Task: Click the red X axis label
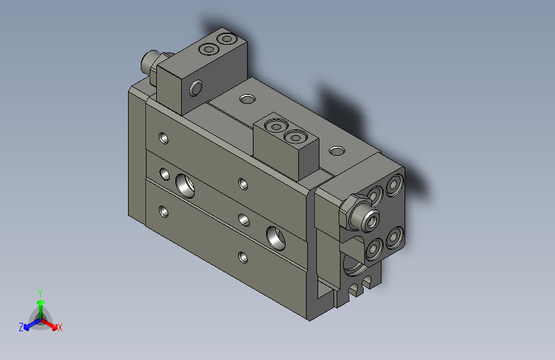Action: pyautogui.click(x=60, y=327)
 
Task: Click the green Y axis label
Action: pyautogui.click(x=40, y=291)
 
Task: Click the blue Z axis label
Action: pyautogui.click(x=21, y=327)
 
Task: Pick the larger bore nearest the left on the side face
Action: pyautogui.click(x=186, y=183)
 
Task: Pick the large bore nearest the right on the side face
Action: pyautogui.click(x=278, y=237)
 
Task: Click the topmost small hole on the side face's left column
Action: pyautogui.click(x=165, y=136)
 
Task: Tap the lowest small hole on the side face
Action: pyautogui.click(x=243, y=258)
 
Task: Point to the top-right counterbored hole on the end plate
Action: pyautogui.click(x=393, y=184)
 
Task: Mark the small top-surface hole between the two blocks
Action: pyautogui.click(x=246, y=99)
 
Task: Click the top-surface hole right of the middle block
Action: pyautogui.click(x=336, y=151)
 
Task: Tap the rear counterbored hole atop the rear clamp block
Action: pyautogui.click(x=225, y=40)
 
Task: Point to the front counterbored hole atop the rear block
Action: pyautogui.click(x=208, y=49)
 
